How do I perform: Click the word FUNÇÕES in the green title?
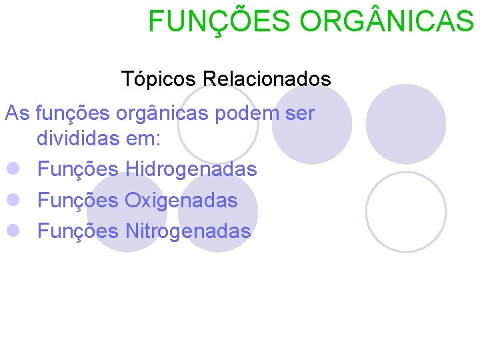click(219, 21)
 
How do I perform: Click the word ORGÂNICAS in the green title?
click(387, 21)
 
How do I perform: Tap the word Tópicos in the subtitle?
click(159, 79)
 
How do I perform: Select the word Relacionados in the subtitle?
click(267, 79)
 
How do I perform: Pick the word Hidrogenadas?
click(191, 169)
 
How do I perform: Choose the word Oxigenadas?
click(181, 200)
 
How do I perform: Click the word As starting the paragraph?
click(17, 113)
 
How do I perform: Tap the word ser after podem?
click(301, 113)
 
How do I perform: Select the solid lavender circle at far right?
click(406, 123)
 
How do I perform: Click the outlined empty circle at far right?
click(406, 211)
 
